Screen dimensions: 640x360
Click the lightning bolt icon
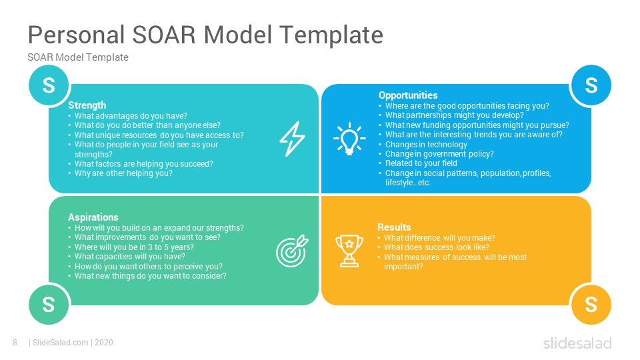292,139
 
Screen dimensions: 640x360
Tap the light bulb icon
349,139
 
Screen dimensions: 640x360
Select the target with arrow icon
292,251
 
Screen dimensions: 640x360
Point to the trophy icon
349,251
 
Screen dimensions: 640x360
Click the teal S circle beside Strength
49,85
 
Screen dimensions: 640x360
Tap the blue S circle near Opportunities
591,85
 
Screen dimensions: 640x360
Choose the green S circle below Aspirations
49,305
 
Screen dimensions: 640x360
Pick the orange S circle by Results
591,305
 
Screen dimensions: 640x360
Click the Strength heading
87,105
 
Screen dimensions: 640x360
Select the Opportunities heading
408,95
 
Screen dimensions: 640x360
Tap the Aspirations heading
93,217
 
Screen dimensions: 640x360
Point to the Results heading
394,227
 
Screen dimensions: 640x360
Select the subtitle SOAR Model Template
78,57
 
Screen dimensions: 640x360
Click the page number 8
15,343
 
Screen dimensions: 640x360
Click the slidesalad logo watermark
577,343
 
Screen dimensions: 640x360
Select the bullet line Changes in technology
426,145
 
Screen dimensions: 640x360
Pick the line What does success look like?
436,247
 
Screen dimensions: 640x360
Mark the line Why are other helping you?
123,173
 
